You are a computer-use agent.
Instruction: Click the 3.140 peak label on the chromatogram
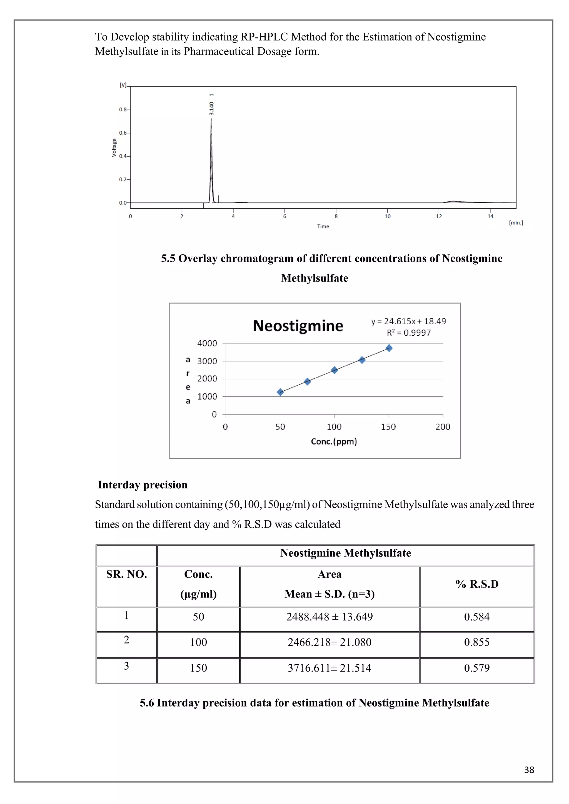click(x=211, y=108)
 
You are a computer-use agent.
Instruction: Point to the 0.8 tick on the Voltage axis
click(x=122, y=110)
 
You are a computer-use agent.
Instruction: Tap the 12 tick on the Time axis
click(x=439, y=216)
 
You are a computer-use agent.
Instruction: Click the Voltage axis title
click(x=114, y=147)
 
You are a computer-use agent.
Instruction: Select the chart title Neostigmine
click(x=298, y=326)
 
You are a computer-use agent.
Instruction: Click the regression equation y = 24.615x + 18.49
click(x=408, y=321)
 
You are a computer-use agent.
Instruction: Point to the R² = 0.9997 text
click(x=408, y=333)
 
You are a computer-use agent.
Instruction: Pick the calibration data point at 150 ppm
click(x=389, y=348)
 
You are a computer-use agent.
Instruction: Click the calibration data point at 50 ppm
click(x=280, y=392)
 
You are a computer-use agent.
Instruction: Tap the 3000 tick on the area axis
click(x=207, y=361)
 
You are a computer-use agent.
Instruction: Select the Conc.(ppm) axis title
click(x=334, y=442)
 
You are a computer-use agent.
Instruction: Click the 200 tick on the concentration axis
click(x=443, y=427)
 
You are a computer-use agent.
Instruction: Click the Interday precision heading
click(x=143, y=485)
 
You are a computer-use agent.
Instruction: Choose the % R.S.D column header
click(x=477, y=584)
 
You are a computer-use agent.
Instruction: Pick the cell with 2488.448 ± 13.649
click(x=329, y=617)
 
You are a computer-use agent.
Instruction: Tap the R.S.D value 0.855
click(x=477, y=642)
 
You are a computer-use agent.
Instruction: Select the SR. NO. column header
click(x=126, y=574)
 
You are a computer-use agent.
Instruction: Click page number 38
click(x=529, y=770)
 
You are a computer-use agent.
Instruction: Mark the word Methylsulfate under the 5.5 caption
click(x=314, y=278)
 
